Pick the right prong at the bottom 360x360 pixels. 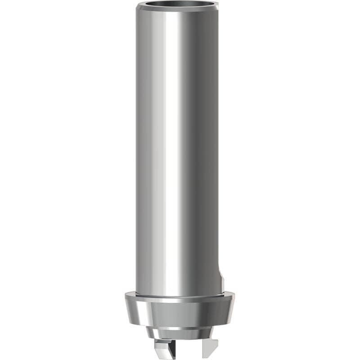point(210,346)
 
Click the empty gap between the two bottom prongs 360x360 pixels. point(184,349)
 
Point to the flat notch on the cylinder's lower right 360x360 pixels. point(220,279)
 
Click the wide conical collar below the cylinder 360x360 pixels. point(180,313)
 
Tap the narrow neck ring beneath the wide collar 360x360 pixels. point(180,333)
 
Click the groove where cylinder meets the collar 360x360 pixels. point(180,297)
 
